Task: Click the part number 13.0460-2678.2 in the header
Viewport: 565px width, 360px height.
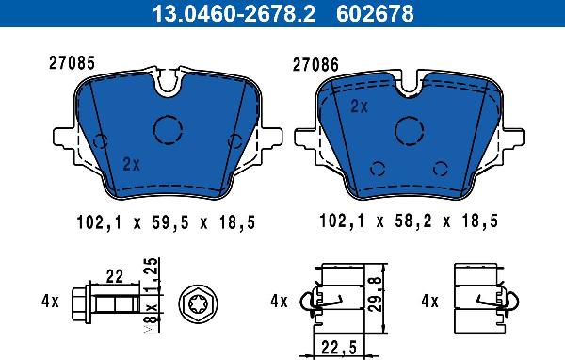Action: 234,13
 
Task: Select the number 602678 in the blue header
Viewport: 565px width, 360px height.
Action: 375,13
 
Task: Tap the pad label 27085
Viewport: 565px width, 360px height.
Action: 73,63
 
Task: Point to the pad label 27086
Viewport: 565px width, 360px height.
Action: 315,65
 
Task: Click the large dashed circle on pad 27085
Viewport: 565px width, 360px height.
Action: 168,130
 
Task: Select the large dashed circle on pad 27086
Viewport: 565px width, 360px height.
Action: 410,131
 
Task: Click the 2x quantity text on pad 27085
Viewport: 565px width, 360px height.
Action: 131,164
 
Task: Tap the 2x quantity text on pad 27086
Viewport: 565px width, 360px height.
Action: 360,106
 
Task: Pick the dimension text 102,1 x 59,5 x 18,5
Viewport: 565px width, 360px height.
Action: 166,222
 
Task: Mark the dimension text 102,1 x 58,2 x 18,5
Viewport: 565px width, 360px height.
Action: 409,221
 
